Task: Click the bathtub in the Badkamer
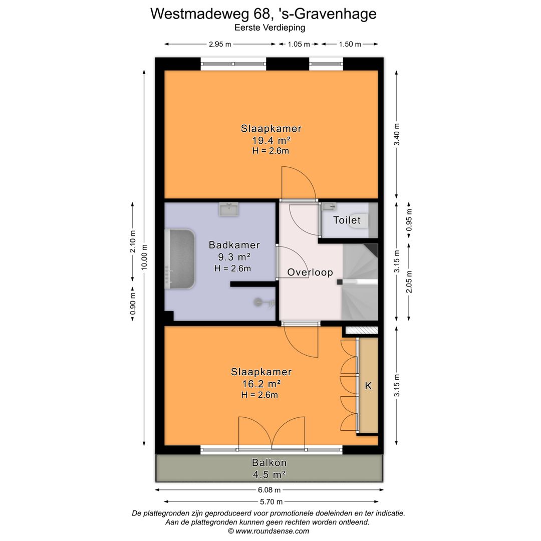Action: [x=180, y=259]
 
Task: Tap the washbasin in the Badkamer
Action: [x=228, y=209]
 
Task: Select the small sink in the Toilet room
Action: [x=329, y=206]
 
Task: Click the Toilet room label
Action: [x=347, y=220]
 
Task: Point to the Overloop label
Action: [x=310, y=272]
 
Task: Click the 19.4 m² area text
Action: [x=271, y=140]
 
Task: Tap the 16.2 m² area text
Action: [x=261, y=384]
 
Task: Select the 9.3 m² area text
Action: [x=234, y=257]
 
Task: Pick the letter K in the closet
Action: [x=369, y=386]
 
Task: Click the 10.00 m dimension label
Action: [x=144, y=257]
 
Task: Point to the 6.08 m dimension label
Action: [x=269, y=490]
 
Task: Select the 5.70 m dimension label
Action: [x=271, y=501]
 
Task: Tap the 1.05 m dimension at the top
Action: [x=299, y=44]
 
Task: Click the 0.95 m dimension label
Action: [x=409, y=220]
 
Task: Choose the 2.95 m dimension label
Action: [x=220, y=44]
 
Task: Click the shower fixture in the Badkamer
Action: [x=264, y=303]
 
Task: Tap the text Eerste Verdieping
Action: [x=270, y=27]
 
